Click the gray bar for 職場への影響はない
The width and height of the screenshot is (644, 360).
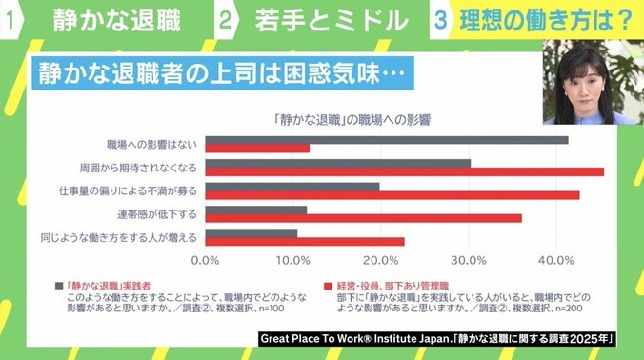[x=387, y=140]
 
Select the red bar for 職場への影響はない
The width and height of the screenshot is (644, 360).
[x=257, y=149]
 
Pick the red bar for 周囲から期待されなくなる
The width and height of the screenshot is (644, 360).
[x=405, y=172]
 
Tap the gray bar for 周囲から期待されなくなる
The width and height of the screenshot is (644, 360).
[x=338, y=163]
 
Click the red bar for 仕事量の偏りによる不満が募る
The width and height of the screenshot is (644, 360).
[x=392, y=195]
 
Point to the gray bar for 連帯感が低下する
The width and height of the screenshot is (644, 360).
[x=256, y=210]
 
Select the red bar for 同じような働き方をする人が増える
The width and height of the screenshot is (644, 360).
[x=305, y=241]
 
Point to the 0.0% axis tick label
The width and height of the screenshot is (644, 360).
[x=206, y=260]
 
